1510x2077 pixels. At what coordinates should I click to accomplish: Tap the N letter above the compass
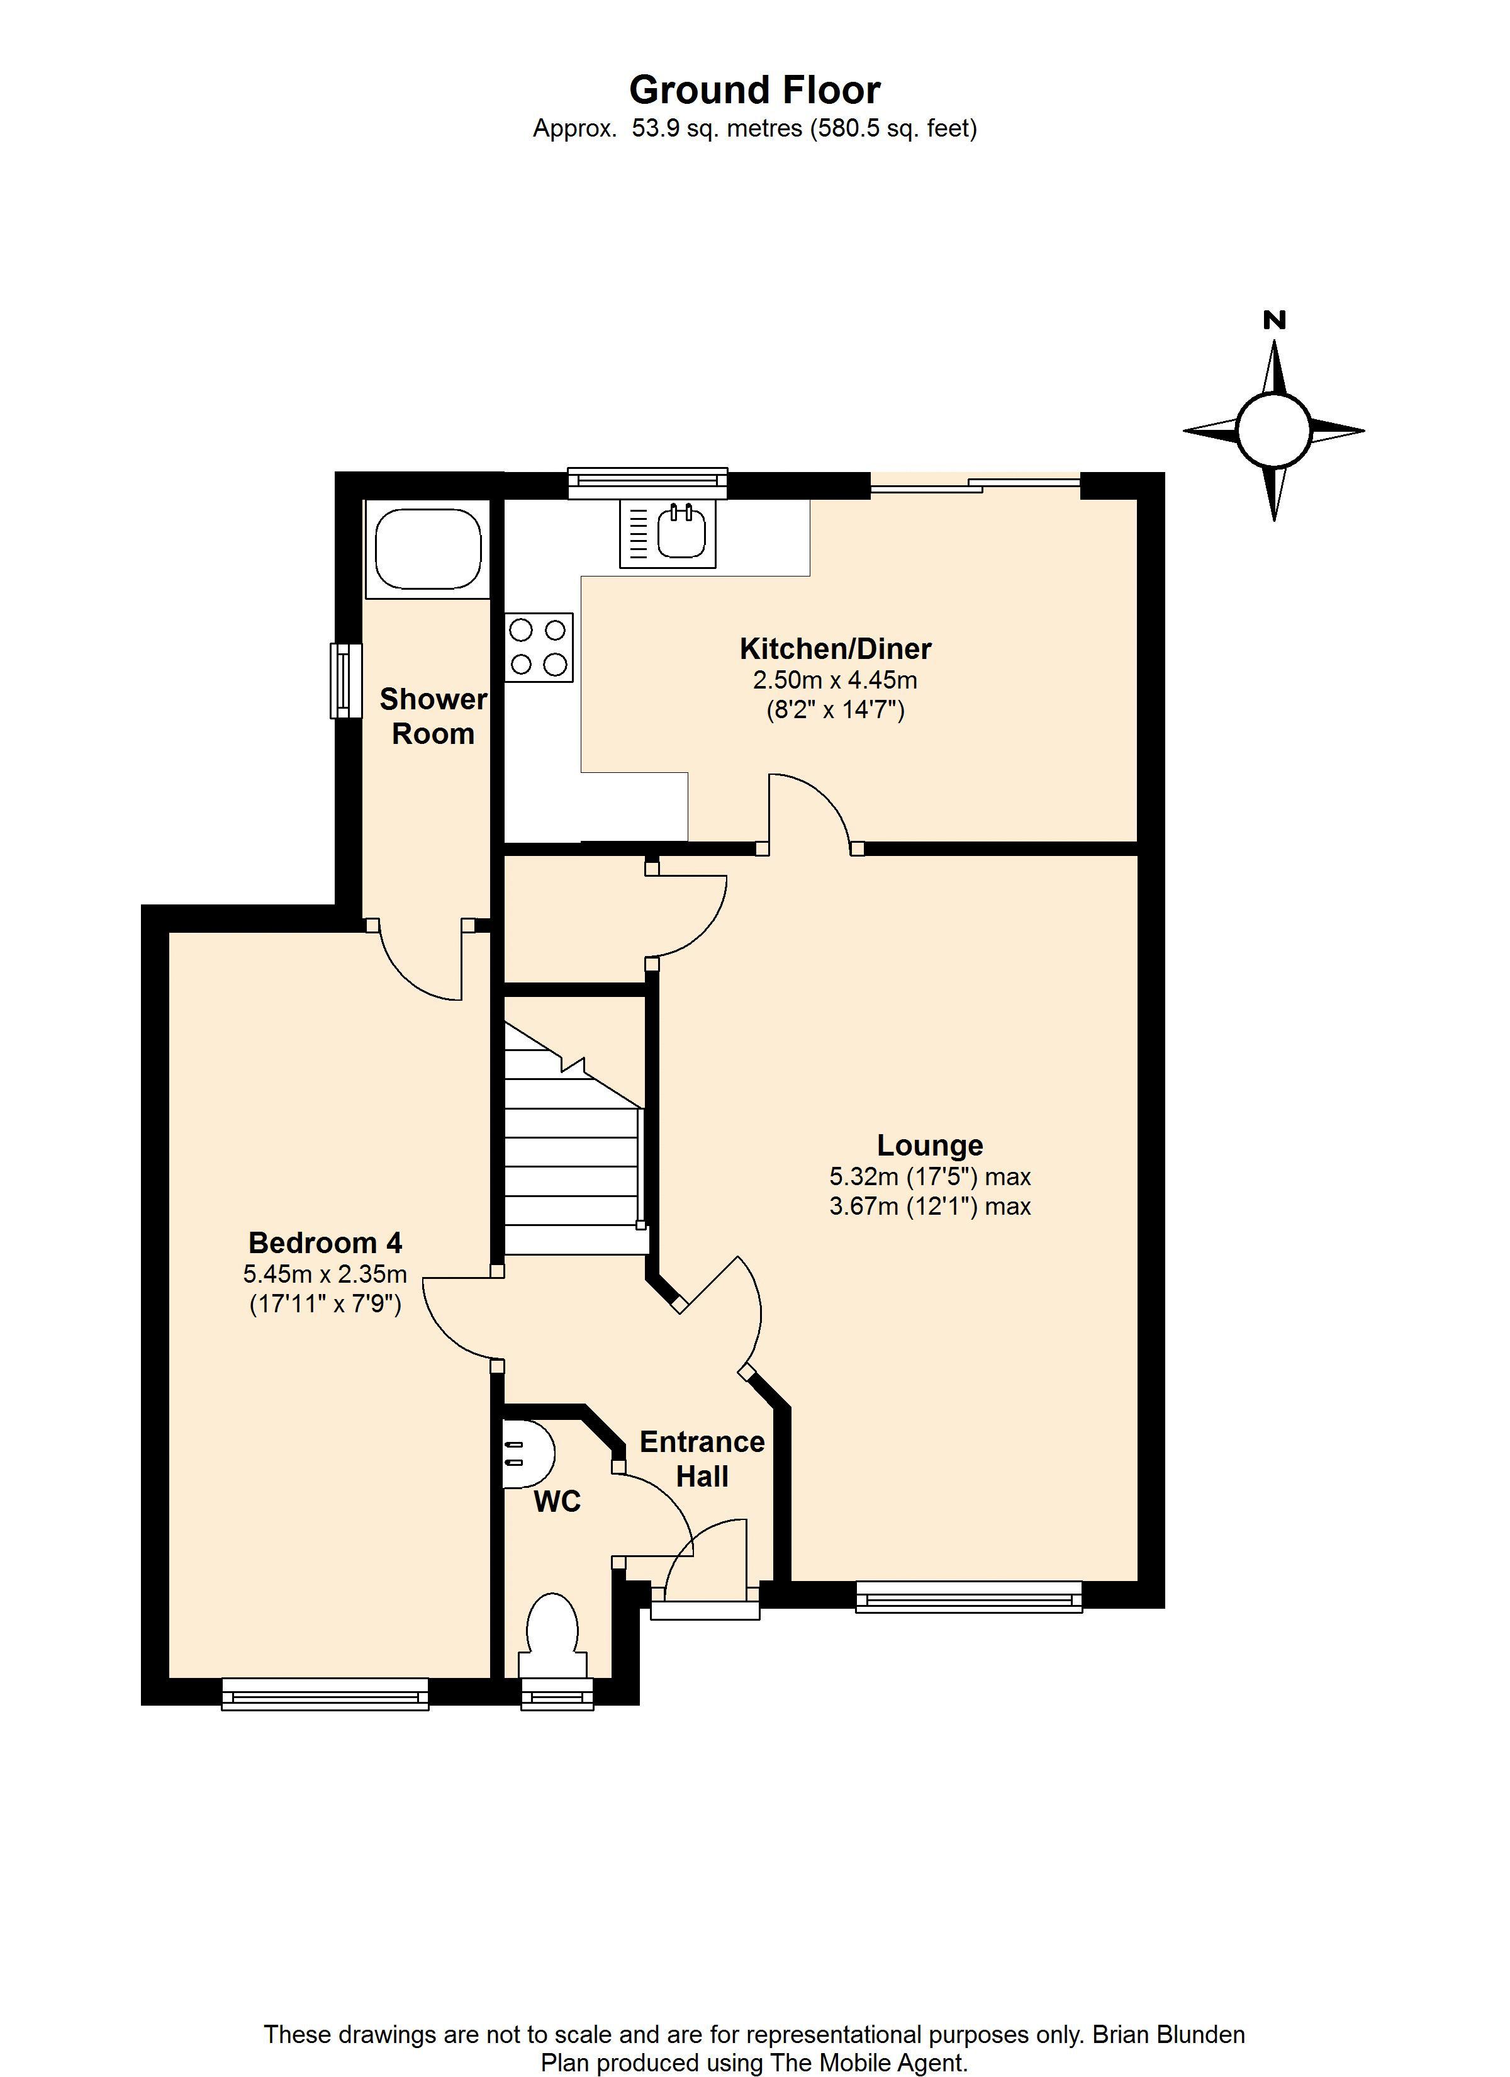click(x=1273, y=320)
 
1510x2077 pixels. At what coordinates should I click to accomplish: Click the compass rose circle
click(x=1273, y=429)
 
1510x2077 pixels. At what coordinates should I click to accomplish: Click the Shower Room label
click(x=433, y=716)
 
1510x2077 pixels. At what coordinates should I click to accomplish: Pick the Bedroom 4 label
click(x=325, y=1242)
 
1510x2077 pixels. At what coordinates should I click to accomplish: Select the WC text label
click(x=557, y=1502)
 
